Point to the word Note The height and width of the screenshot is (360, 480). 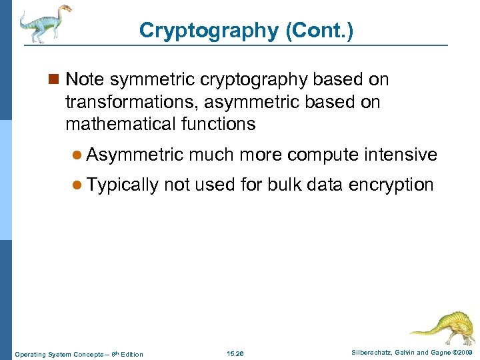[85, 80]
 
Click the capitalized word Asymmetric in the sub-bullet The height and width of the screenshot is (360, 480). [135, 155]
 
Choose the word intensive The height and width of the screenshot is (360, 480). [400, 155]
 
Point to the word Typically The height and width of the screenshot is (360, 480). [123, 185]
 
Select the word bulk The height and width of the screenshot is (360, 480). [286, 185]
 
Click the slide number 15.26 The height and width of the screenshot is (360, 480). [235, 353]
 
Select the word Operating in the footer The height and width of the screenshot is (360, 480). [30, 354]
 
